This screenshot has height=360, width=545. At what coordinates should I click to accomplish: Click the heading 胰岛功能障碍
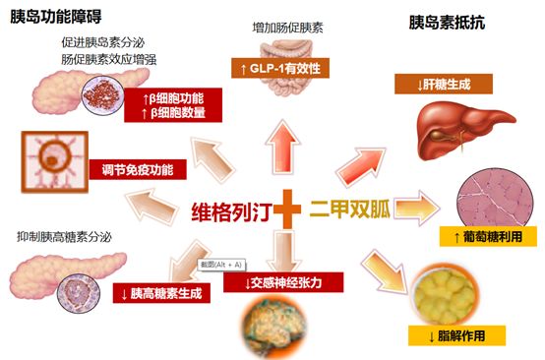point(56,16)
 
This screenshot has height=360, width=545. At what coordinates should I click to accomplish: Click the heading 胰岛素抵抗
point(447,23)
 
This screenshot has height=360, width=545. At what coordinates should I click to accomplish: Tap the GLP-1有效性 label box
point(280,68)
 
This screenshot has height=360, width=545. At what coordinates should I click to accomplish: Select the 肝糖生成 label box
point(444,84)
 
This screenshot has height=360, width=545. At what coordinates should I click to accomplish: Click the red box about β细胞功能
point(173,105)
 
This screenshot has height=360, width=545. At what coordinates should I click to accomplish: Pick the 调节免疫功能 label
point(138,169)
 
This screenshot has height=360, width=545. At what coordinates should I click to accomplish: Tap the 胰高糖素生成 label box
point(161,293)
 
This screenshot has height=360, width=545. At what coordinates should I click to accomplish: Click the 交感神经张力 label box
point(283,282)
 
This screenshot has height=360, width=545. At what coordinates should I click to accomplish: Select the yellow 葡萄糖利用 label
point(488,237)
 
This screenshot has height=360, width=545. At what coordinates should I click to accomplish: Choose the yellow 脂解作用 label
point(456,335)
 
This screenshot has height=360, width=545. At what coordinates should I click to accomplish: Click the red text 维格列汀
point(231,211)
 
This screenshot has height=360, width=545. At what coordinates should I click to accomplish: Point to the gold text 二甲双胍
point(350,209)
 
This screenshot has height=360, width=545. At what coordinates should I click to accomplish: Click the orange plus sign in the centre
point(287,209)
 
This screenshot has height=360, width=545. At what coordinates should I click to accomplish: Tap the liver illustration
point(464,129)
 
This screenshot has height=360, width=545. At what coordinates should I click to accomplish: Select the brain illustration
point(274,325)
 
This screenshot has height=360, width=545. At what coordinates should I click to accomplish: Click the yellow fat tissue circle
point(445,295)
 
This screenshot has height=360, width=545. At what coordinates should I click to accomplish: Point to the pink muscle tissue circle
point(495,198)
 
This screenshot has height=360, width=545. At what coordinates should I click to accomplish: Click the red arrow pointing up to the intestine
point(282,147)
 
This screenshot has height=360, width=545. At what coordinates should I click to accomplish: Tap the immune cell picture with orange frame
point(54,162)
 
